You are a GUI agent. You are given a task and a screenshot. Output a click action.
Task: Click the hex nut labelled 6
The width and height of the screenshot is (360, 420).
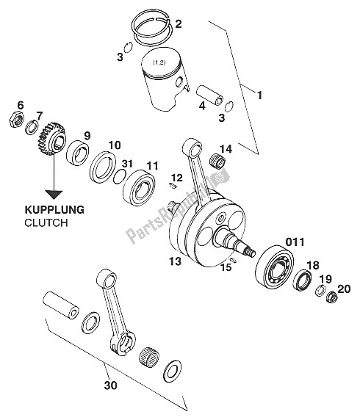click(x=17, y=119)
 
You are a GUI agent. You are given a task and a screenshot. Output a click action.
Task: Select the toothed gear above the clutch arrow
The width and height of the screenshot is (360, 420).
click(x=52, y=139)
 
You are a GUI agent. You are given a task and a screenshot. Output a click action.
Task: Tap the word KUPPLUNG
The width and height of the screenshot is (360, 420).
click(x=54, y=210)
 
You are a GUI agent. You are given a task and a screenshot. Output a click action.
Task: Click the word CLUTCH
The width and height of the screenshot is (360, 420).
click(x=46, y=222)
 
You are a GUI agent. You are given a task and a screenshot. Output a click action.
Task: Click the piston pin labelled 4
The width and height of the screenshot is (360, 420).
click(x=210, y=95)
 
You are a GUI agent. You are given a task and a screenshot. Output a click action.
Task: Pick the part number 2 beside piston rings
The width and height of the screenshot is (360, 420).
click(x=178, y=24)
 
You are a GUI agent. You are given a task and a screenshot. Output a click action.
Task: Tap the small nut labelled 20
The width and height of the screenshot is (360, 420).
click(x=332, y=297)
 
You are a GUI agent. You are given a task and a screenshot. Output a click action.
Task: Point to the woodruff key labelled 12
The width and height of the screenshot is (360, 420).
click(x=173, y=186)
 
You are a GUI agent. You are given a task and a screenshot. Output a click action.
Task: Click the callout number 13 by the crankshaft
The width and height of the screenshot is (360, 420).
click(x=175, y=261)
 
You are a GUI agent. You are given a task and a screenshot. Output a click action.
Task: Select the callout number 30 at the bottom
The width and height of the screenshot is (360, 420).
click(x=110, y=385)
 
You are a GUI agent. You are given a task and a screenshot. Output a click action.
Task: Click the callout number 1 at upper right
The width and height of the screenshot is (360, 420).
click(x=259, y=95)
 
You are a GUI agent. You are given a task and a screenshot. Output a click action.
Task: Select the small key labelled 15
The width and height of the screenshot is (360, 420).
click(x=233, y=259)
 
